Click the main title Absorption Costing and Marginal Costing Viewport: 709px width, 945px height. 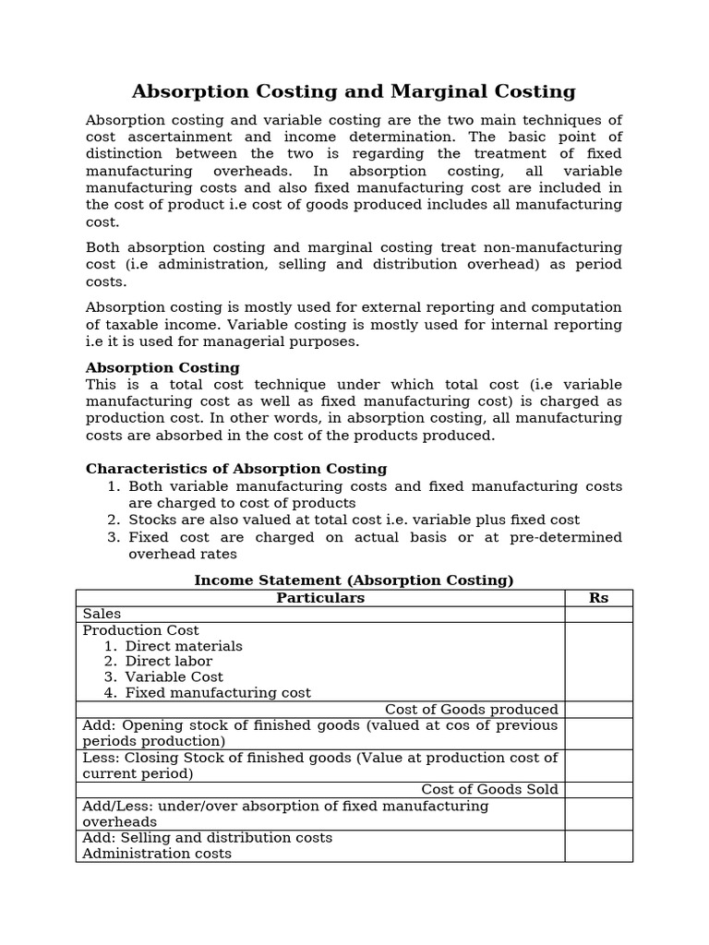coord(354,91)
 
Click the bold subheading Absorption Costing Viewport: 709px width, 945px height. coord(150,367)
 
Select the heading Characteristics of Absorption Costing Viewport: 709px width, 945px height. coord(236,469)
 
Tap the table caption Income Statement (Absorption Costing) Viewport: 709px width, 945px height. coord(354,580)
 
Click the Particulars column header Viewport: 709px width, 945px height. coord(320,598)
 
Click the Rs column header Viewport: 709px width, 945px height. coord(598,598)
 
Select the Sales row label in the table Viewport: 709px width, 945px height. coord(102,614)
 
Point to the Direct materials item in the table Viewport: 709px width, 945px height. coord(184,646)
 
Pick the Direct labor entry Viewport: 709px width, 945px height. coord(168,662)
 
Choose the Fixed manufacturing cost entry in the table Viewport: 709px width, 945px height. coord(218,693)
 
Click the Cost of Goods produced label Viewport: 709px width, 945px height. coord(471,710)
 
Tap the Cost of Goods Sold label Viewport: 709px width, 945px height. coord(489,790)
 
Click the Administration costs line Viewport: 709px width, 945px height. coord(157,854)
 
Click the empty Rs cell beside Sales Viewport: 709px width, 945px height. coord(598,614)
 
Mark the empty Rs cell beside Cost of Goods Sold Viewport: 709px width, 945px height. coord(598,790)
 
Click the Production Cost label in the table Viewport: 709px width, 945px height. coord(140,630)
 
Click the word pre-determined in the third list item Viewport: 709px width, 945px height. coord(565,537)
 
